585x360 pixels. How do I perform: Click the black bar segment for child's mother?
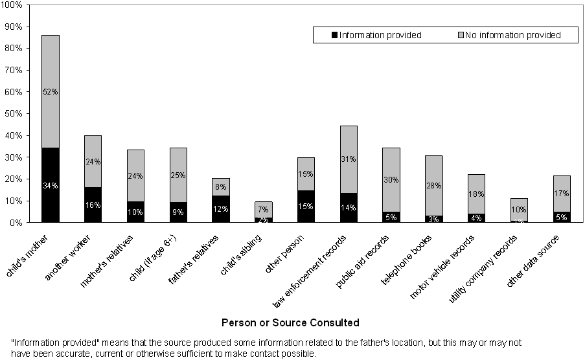coord(51,194)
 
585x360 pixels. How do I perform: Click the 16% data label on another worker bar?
coord(93,205)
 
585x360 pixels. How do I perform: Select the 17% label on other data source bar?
coord(561,193)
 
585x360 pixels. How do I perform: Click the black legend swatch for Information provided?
coord(334,35)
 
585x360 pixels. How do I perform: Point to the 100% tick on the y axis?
coord(13,5)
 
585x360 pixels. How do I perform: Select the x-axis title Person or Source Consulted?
coord(290,322)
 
